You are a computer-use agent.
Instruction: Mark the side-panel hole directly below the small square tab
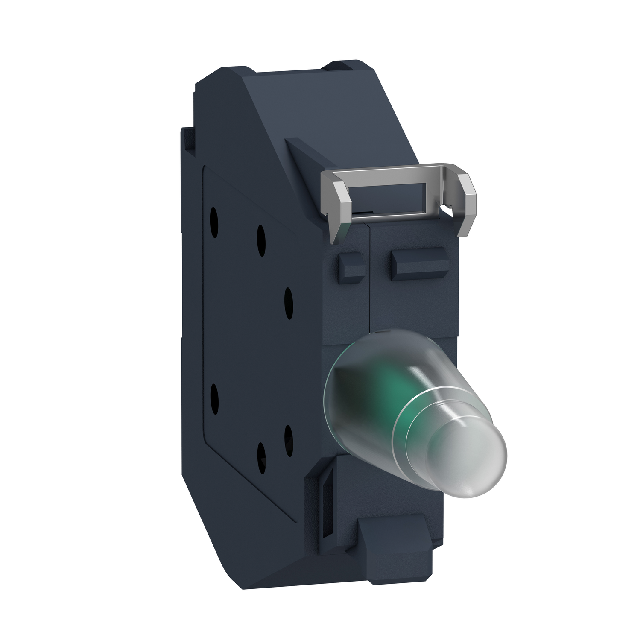coord(289,299)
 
